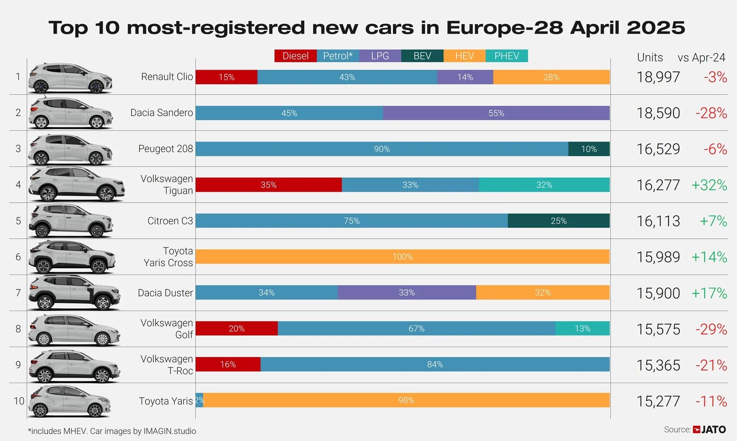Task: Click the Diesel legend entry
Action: pyautogui.click(x=295, y=56)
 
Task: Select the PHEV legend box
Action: pyautogui.click(x=507, y=56)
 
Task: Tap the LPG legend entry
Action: pyautogui.click(x=380, y=56)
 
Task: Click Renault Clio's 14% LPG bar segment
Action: pyautogui.click(x=465, y=77)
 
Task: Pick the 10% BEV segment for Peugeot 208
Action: pyautogui.click(x=589, y=149)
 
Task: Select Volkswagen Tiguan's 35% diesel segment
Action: pyautogui.click(x=269, y=185)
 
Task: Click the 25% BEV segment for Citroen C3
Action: pyautogui.click(x=558, y=221)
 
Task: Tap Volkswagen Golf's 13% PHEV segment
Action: pyautogui.click(x=582, y=329)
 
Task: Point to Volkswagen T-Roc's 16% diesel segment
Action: pyautogui.click(x=228, y=365)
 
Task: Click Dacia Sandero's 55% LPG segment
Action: pyautogui.click(x=496, y=113)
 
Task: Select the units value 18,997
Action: pyautogui.click(x=658, y=77)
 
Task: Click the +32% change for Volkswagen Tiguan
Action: pyautogui.click(x=709, y=185)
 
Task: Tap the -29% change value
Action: pyautogui.click(x=711, y=329)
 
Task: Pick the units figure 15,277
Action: pyautogui.click(x=658, y=401)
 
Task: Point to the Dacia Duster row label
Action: pyautogui.click(x=165, y=293)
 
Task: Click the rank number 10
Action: pyautogui.click(x=19, y=401)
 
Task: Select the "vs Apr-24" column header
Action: pyautogui.click(x=701, y=58)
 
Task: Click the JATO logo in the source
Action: pyautogui.click(x=709, y=429)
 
